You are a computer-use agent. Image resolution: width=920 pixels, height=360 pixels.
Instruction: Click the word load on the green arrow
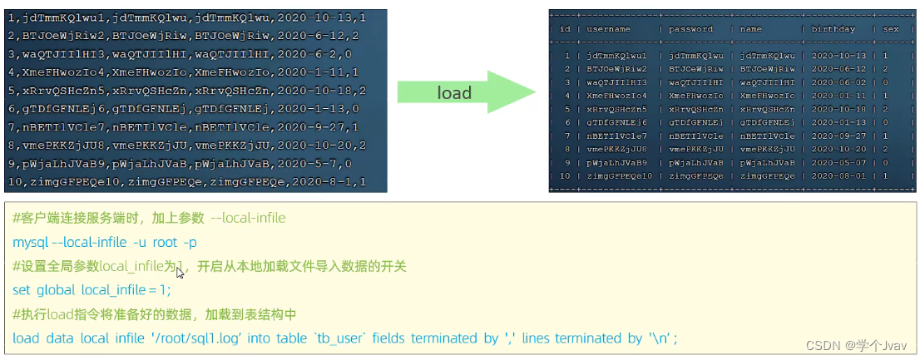pos(454,92)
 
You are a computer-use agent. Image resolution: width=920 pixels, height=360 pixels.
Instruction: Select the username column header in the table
pos(608,29)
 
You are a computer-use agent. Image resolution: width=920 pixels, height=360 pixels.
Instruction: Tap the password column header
pos(690,29)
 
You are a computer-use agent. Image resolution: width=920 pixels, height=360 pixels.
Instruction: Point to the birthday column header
pos(833,29)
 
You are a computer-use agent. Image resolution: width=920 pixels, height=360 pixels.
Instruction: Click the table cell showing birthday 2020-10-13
pos(838,56)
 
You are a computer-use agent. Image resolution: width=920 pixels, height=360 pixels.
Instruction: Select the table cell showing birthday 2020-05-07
pos(838,163)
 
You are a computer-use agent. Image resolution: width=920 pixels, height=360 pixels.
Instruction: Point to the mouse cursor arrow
pos(180,272)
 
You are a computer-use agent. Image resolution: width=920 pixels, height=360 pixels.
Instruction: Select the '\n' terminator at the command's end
pos(662,338)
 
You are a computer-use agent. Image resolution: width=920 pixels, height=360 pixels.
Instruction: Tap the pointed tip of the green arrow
pos(532,92)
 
